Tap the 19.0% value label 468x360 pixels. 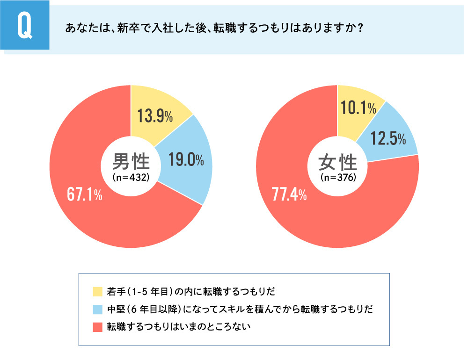[186, 160]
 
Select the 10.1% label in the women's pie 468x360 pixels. [359, 108]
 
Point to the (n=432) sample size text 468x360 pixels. [131, 177]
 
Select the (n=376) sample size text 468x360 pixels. [337, 177]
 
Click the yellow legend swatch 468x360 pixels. [97, 292]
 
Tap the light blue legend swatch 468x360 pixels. [97, 309]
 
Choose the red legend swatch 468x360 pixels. [97, 326]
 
